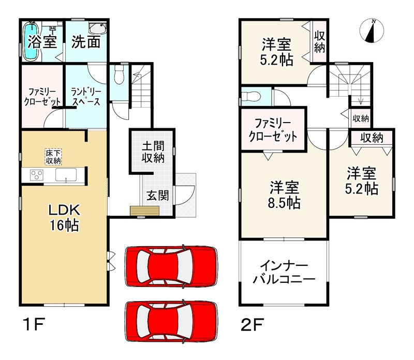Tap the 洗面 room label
85,42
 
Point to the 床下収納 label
53,157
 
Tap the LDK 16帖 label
63,217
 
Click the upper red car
170,265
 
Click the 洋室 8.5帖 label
284,195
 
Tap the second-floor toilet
252,96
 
